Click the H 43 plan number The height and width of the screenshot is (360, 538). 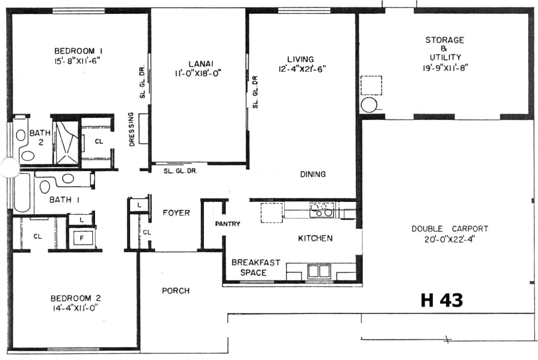(441, 301)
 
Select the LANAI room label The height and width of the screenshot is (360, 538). (201, 64)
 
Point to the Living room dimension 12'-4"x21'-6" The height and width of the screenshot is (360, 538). (302, 69)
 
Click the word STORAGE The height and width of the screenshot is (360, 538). (445, 40)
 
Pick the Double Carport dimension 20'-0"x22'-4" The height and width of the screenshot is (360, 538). (450, 239)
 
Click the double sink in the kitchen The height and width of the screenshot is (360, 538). (319, 271)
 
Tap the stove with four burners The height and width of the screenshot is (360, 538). (322, 210)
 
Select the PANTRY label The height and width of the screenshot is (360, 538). (228, 224)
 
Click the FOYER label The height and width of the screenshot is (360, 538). (176, 213)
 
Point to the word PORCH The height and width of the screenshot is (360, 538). (176, 291)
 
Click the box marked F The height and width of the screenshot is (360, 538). (83, 238)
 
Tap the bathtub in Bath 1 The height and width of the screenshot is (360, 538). (22, 192)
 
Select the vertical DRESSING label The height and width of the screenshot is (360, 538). (132, 129)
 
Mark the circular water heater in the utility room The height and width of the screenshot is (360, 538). (369, 105)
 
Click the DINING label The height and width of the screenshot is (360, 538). (313, 174)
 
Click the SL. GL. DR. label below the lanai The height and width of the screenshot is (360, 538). (180, 171)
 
